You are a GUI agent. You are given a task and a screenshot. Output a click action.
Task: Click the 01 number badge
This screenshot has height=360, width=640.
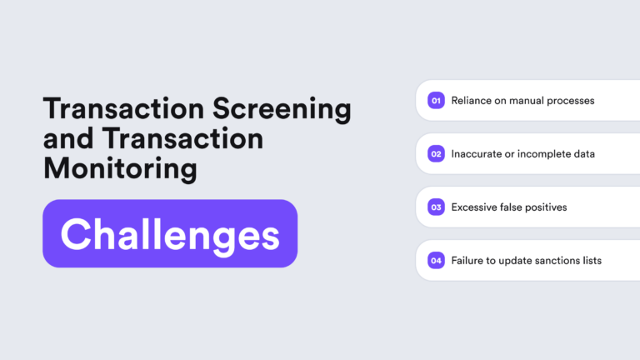click(x=436, y=101)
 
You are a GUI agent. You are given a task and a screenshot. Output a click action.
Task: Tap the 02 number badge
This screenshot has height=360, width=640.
click(x=436, y=154)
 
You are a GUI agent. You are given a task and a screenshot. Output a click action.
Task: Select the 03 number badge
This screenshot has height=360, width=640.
click(x=436, y=207)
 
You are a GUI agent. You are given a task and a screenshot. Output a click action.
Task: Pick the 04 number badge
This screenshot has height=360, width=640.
click(x=436, y=261)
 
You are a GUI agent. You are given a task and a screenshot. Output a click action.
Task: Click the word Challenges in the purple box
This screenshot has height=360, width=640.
click(x=170, y=234)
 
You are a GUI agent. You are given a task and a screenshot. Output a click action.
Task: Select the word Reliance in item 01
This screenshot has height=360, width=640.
click(x=471, y=101)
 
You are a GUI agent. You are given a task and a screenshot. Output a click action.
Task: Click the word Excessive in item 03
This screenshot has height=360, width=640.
click(x=475, y=207)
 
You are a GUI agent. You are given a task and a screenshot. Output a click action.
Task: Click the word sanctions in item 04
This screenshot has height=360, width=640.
click(x=555, y=261)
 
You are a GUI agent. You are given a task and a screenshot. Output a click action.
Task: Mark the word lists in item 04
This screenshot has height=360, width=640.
click(x=592, y=261)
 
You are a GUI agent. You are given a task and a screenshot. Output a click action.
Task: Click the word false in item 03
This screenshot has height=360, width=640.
click(x=511, y=207)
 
